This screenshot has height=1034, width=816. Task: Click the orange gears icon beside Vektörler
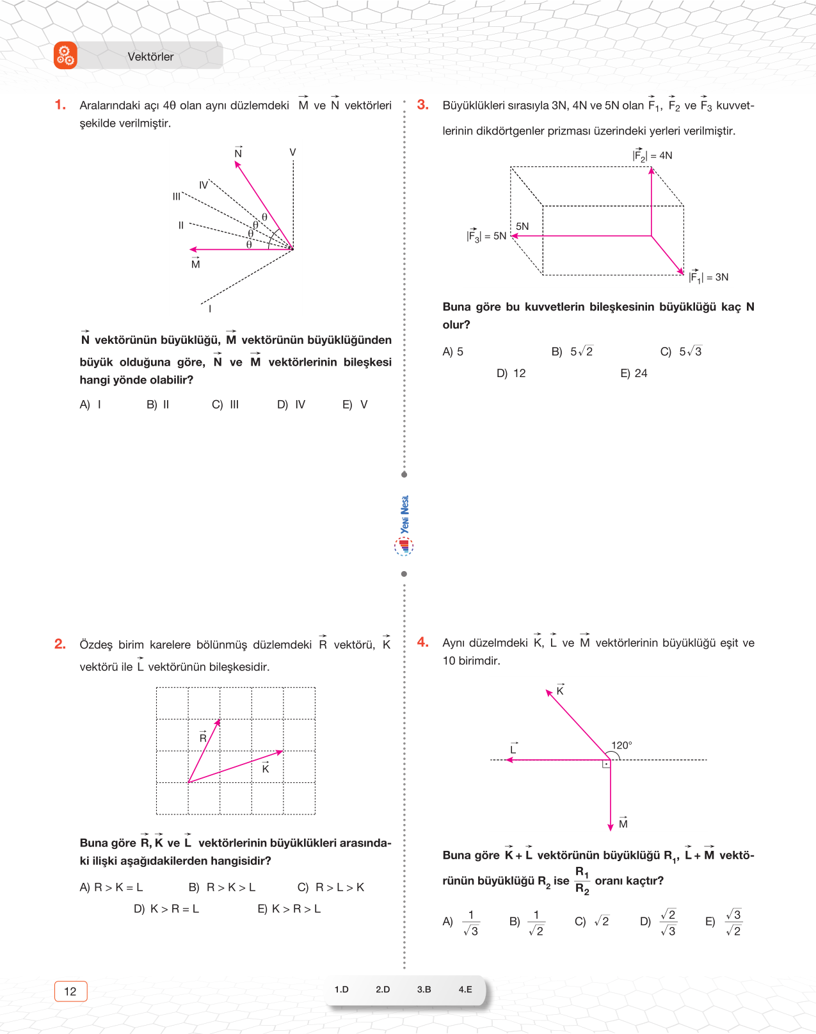(65, 56)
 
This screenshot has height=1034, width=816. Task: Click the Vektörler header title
(150, 56)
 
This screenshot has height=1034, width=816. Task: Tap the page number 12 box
(70, 991)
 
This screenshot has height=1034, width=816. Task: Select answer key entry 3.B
(424, 989)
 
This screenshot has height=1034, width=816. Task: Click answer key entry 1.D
(342, 989)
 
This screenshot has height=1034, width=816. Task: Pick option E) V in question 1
(355, 405)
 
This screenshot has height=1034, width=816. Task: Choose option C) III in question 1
(225, 405)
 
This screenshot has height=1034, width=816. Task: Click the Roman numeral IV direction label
(204, 185)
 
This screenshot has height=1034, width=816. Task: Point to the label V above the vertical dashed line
(292, 152)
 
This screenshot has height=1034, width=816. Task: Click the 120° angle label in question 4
(621, 745)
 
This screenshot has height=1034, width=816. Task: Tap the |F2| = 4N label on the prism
(652, 155)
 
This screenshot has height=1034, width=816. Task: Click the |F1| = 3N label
(708, 277)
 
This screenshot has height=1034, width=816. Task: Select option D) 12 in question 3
(511, 373)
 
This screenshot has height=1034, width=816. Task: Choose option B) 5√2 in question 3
(572, 351)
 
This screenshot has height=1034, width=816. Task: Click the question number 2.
(60, 643)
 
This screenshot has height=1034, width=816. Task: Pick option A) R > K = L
(111, 887)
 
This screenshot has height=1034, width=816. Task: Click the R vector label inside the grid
(203, 737)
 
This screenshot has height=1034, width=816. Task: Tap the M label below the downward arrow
(623, 823)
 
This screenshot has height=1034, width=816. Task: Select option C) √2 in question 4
(592, 921)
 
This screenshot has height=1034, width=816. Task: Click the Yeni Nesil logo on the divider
(404, 525)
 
